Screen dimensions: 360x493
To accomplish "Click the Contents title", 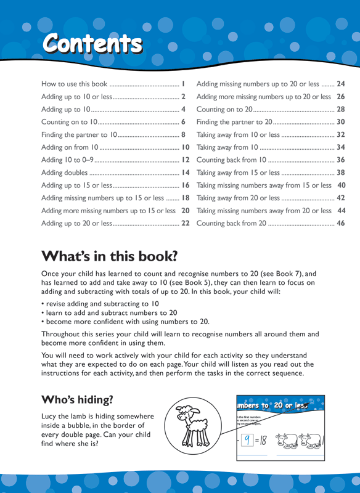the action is point(92,43).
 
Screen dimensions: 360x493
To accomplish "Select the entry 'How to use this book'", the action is point(74,83).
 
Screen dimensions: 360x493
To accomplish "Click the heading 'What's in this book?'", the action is point(109,255).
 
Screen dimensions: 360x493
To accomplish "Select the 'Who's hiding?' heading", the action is point(77,399).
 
